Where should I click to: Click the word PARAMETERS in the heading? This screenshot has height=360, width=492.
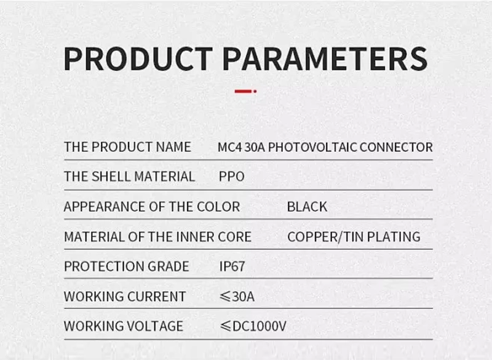click(324, 58)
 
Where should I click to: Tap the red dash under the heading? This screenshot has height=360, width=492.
click(244, 91)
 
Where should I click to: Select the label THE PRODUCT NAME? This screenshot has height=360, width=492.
click(127, 147)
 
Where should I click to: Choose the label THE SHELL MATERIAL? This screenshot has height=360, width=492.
click(129, 177)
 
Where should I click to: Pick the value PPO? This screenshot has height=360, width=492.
click(231, 177)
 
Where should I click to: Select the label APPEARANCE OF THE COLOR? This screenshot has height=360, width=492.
click(152, 207)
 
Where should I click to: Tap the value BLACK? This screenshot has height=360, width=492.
click(307, 207)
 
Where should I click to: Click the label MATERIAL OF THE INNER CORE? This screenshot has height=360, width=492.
click(157, 237)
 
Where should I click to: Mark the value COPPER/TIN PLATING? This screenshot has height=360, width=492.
click(354, 237)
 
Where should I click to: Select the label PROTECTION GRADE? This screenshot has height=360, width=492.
click(126, 266)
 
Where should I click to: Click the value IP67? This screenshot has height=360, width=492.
click(232, 266)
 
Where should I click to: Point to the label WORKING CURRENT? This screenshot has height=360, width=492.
click(124, 296)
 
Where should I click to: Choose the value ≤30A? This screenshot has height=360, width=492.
click(237, 296)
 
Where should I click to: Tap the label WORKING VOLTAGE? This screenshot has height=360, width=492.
click(123, 326)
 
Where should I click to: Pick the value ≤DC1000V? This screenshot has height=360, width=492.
click(253, 326)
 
